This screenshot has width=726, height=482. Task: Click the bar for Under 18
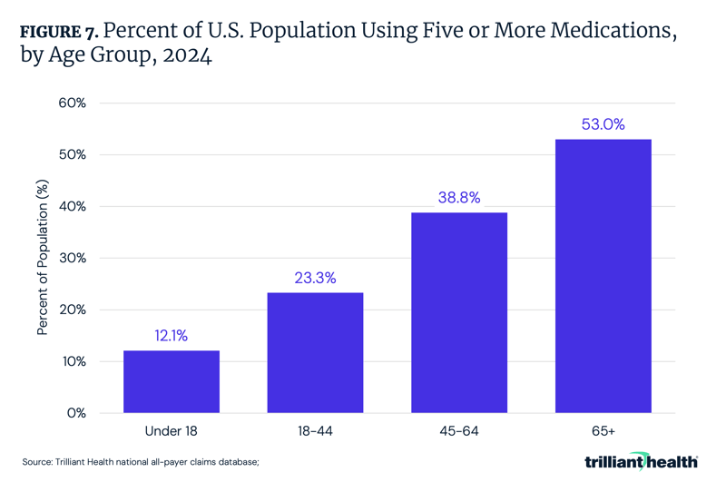point(172,381)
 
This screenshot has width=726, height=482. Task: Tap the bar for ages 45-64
point(459,312)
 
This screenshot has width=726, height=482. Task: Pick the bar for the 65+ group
point(603,276)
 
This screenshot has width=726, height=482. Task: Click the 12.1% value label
point(172,336)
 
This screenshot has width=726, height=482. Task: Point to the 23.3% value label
point(315,278)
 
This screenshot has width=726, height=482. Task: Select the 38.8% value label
point(459,198)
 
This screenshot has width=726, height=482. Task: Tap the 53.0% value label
point(603,124)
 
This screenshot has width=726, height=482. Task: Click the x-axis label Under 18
point(172,431)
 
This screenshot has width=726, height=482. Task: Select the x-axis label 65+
point(603,431)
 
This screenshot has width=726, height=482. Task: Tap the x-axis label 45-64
point(459,431)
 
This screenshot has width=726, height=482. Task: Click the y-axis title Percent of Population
point(43,257)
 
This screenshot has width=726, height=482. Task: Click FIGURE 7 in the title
point(63,32)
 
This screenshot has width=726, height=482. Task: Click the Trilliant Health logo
point(641,461)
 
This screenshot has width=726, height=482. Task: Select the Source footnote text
point(142,462)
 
